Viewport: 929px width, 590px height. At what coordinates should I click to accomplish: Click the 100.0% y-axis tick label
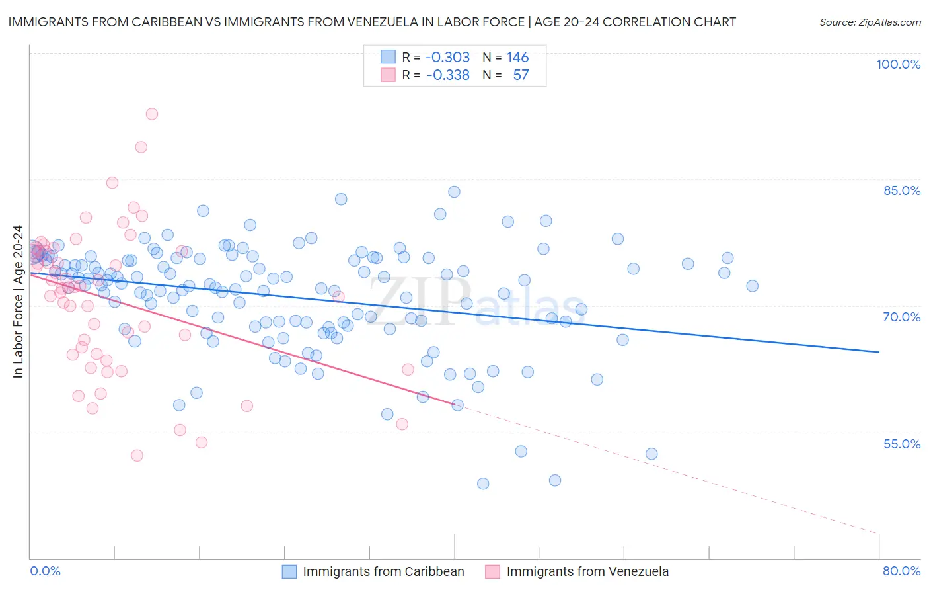tap(898, 64)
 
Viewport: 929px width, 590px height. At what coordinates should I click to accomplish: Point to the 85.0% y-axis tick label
tap(901, 190)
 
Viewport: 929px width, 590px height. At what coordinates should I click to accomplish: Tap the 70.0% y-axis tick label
tap(901, 317)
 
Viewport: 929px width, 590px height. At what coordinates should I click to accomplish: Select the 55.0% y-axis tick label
tap(901, 444)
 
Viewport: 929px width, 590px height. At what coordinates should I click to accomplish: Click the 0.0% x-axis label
tap(45, 571)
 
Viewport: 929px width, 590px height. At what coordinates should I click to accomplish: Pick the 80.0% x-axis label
tap(901, 571)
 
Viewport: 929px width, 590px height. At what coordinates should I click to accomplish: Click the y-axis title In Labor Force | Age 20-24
tap(18, 302)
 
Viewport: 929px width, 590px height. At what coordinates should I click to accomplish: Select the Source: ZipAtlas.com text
tap(870, 22)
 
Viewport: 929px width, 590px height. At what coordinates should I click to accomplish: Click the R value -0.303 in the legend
tap(447, 57)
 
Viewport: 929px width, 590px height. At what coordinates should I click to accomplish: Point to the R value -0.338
tap(447, 75)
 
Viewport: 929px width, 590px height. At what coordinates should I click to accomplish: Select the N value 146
tap(517, 57)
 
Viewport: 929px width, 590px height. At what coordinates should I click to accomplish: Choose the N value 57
tap(521, 75)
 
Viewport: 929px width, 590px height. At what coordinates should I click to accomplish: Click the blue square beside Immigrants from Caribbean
tap(289, 571)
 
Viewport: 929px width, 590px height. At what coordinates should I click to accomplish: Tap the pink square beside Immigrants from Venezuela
tap(493, 571)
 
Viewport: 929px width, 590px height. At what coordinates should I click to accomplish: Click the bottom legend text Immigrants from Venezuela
tap(587, 571)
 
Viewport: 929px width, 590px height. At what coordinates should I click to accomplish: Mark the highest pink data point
tap(151, 114)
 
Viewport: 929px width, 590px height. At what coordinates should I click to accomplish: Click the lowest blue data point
tap(483, 484)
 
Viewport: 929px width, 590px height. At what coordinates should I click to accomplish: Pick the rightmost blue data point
tap(752, 286)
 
